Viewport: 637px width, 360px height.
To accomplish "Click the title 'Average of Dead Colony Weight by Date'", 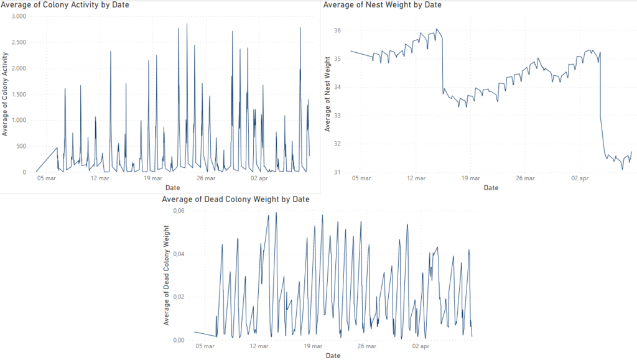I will [x=235, y=200].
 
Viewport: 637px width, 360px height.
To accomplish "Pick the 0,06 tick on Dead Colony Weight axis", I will [x=178, y=211].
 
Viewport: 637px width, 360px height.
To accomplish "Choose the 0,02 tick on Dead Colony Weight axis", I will [x=178, y=297].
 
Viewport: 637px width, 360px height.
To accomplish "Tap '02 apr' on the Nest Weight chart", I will [x=579, y=178].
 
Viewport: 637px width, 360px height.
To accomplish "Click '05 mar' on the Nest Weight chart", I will [x=361, y=178].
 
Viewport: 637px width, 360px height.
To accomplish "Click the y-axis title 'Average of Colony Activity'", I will [x=6, y=94].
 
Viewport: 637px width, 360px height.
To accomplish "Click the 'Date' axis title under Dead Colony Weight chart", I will [x=333, y=356].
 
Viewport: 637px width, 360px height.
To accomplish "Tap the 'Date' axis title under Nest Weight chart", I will [x=491, y=187].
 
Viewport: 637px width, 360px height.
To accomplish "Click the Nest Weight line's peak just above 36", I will [x=437, y=29].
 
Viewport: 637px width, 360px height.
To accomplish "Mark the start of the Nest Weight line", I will [x=351, y=51].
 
